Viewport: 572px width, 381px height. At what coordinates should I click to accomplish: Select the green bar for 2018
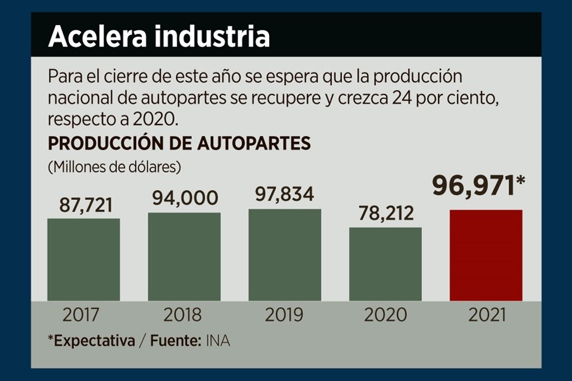point(184,257)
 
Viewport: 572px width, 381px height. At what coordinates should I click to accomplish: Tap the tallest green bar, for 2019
point(285,255)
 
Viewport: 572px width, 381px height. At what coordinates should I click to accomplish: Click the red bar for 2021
point(486,255)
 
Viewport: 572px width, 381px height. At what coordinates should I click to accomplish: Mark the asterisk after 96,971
point(519,181)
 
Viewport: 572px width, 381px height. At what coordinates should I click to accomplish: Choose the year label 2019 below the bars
point(285,314)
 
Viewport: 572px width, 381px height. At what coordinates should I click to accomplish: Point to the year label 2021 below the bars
point(486,314)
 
